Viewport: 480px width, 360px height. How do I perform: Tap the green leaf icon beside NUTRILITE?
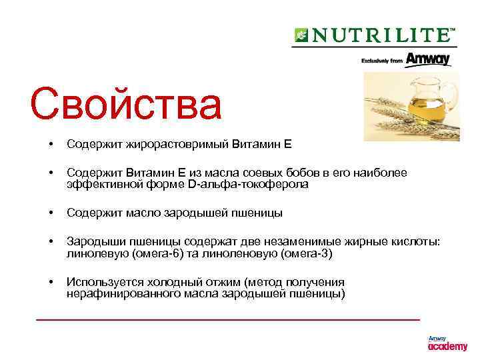click(x=301, y=35)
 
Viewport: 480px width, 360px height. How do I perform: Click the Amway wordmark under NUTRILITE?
click(x=427, y=59)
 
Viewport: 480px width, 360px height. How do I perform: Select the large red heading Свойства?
click(x=125, y=103)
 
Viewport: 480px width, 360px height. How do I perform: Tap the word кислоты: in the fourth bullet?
click(x=419, y=243)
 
